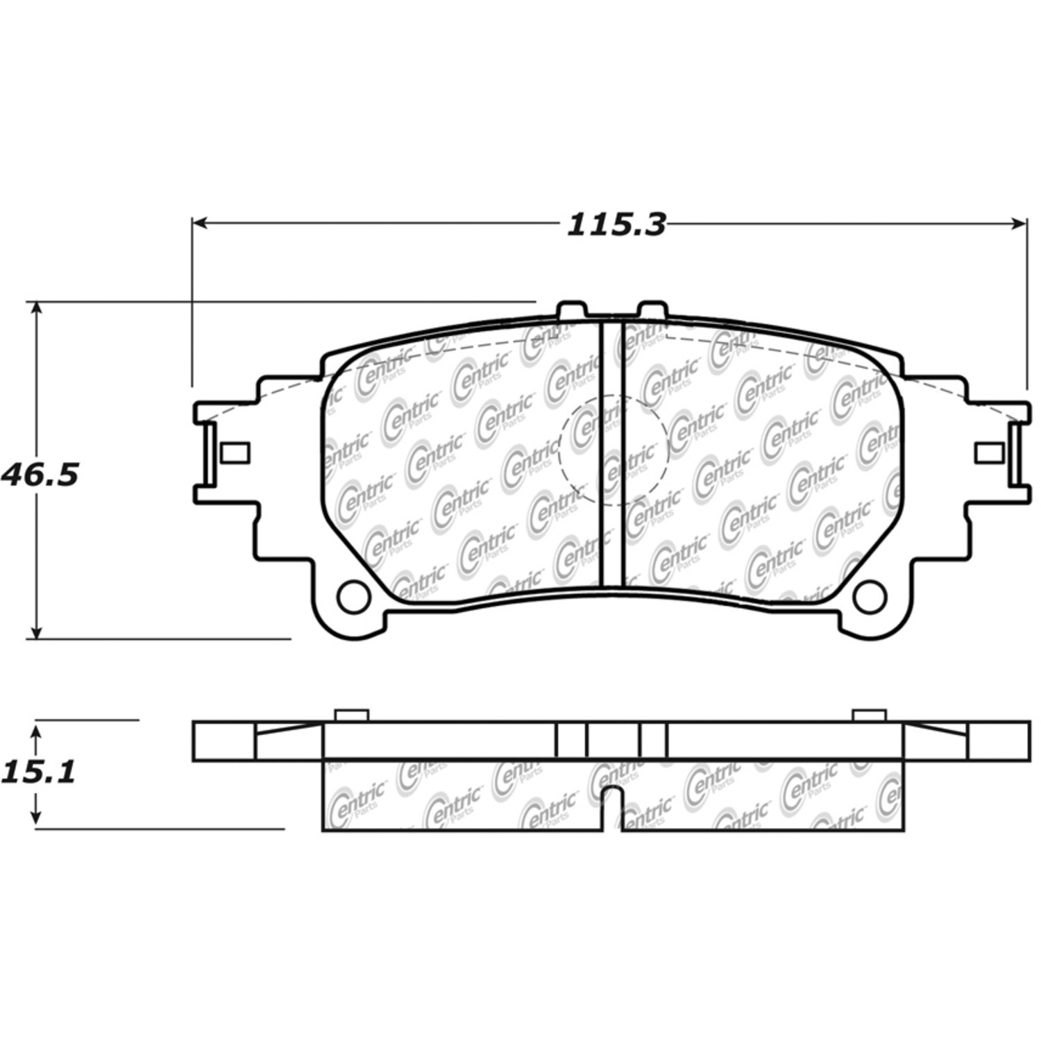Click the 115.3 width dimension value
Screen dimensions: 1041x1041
(616, 224)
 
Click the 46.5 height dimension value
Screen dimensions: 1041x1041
(40, 475)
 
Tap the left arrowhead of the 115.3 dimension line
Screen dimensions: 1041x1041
(200, 223)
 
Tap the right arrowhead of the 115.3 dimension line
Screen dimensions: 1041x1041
(1018, 223)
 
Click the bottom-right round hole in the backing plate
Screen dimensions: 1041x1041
(870, 595)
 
